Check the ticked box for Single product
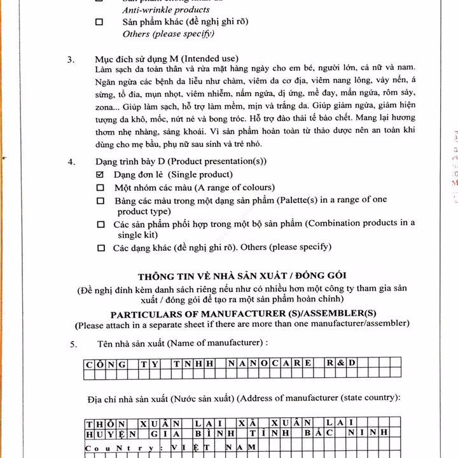pyautogui.click(x=100, y=174)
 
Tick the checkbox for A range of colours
pyautogui.click(x=100, y=188)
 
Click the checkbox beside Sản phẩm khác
pyautogui.click(x=99, y=22)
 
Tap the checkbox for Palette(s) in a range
pyautogui.click(x=101, y=200)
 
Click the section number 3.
pyautogui.click(x=71, y=60)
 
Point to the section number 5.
pyautogui.click(x=74, y=344)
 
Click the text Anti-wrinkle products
pyautogui.click(x=165, y=10)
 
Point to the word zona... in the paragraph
pyautogui.click(x=106, y=106)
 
